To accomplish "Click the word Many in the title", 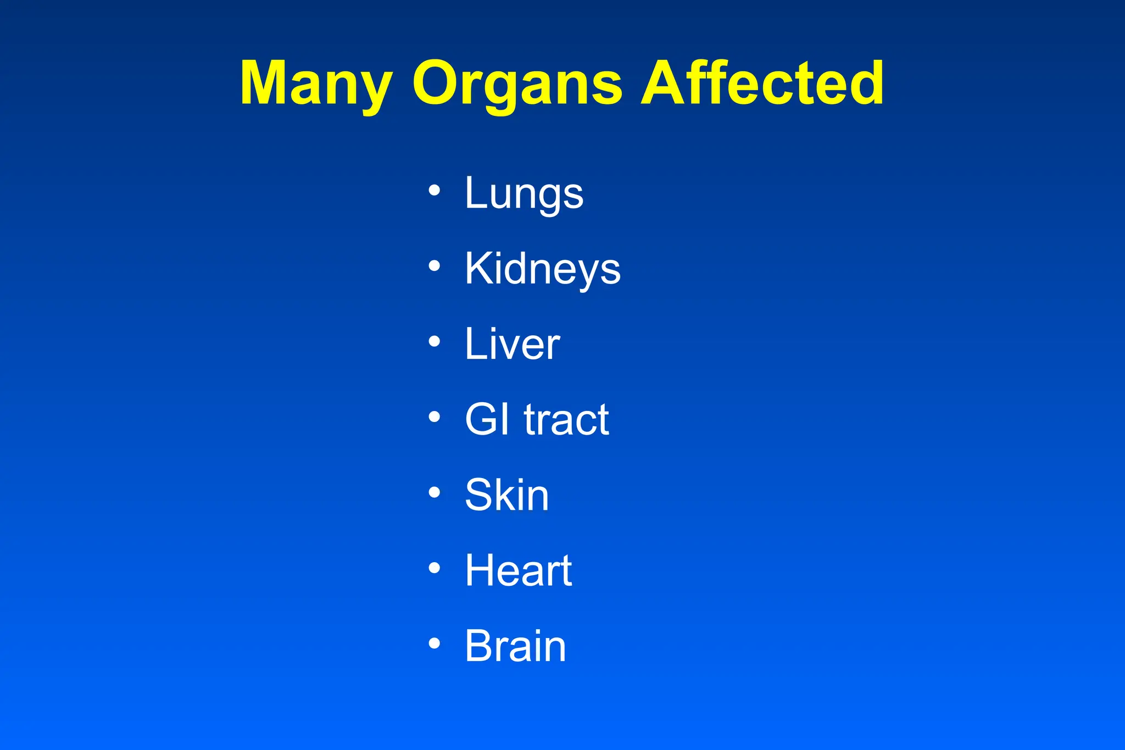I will point(316,84).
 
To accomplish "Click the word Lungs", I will point(524,193).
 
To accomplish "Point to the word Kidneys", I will point(543,269).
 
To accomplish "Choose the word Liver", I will point(512,345).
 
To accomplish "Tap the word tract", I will point(566,420).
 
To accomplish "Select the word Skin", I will point(506,495).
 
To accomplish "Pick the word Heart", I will point(519,570).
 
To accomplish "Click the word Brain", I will point(515,646).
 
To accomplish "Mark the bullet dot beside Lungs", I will point(435,191).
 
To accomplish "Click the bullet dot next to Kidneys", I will point(435,266).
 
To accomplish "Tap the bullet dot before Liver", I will point(435,342).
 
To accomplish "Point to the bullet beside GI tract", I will point(435,417).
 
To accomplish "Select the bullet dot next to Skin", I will point(435,492).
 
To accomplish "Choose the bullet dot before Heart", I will point(435,568).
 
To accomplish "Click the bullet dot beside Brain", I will point(435,643).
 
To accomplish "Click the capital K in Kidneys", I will point(477,268).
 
